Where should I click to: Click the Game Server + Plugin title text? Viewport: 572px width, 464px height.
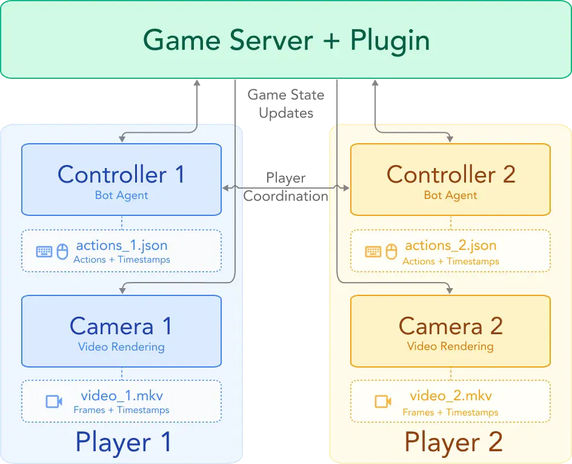pyautogui.click(x=287, y=41)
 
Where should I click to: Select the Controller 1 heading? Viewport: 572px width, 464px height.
pyautogui.click(x=121, y=174)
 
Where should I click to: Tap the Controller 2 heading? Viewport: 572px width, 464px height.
pyautogui.click(x=451, y=174)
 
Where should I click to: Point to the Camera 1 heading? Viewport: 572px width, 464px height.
pyautogui.click(x=121, y=326)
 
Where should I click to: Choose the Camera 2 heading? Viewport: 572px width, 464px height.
pyautogui.click(x=451, y=326)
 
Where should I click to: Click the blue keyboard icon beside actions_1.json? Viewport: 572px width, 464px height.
pyautogui.click(x=44, y=252)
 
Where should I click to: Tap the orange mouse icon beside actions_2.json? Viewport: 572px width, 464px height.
pyautogui.click(x=391, y=252)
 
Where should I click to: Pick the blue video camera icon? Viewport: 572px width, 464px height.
pyautogui.click(x=54, y=402)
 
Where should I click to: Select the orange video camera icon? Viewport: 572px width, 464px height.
pyautogui.click(x=383, y=402)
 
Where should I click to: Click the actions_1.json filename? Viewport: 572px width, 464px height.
pyautogui.click(x=122, y=246)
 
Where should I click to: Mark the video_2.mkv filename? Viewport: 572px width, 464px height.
pyautogui.click(x=451, y=395)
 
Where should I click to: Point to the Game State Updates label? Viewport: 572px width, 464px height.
pyautogui.click(x=286, y=104)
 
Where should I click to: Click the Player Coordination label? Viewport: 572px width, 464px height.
pyautogui.click(x=286, y=187)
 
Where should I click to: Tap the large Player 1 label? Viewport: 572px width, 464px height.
pyautogui.click(x=123, y=442)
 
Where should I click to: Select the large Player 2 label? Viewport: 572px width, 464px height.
pyautogui.click(x=453, y=442)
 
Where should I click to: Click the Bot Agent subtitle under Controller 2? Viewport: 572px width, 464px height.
pyautogui.click(x=451, y=196)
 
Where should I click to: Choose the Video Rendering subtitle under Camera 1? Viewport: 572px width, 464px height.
pyautogui.click(x=121, y=347)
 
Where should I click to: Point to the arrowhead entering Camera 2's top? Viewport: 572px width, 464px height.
pyautogui.click(x=450, y=291)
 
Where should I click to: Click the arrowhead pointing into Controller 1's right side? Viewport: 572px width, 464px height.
pyautogui.click(x=225, y=188)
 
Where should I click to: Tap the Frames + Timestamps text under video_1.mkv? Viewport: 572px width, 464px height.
pyautogui.click(x=121, y=410)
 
